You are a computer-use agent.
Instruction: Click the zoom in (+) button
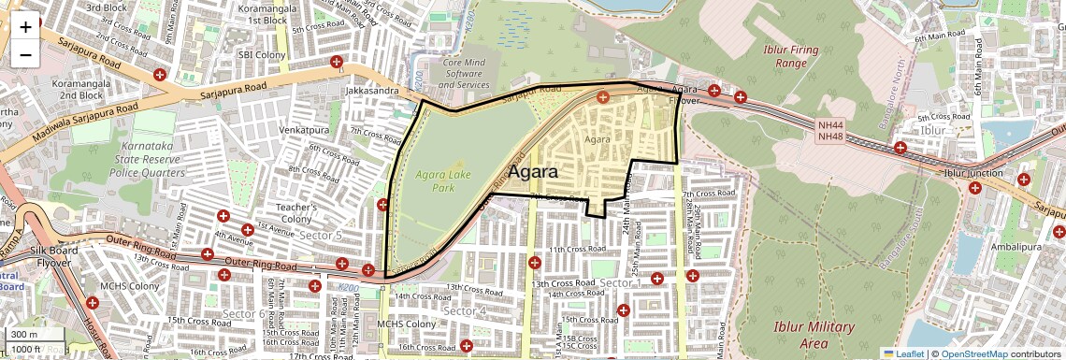[x=25, y=27]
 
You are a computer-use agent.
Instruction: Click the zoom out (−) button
[x=25, y=55]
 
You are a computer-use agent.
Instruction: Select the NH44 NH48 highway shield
[x=829, y=131]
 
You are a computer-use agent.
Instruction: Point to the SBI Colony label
[x=261, y=55]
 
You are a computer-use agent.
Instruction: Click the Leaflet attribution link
[x=903, y=353]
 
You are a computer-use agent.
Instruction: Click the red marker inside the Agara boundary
[x=603, y=96]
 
